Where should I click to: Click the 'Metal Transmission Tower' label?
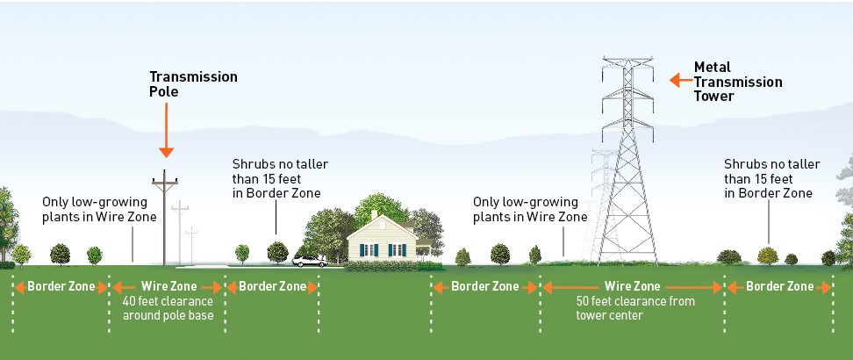point(737,81)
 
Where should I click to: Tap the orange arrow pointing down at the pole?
point(166,139)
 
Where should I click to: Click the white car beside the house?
point(309,261)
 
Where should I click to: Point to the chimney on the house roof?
point(375,214)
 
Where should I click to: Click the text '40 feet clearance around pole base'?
point(167,308)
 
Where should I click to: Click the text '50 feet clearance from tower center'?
point(632,308)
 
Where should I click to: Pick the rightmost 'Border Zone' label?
point(779,286)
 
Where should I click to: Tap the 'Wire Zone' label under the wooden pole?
point(168,286)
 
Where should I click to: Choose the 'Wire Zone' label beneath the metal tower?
point(632,286)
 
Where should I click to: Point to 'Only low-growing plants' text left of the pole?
point(98,209)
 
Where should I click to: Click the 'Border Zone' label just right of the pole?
point(273,286)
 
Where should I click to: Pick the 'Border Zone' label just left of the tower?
point(485,286)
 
